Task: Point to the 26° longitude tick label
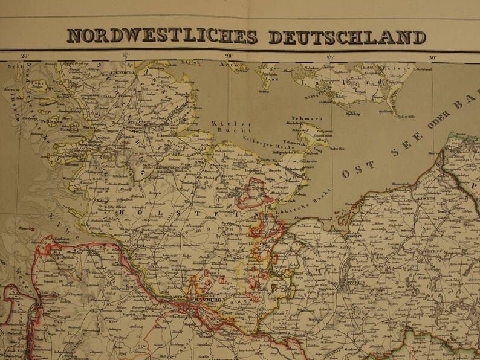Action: point(24,57)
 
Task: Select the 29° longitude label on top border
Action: point(330,58)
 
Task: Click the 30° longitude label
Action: point(432,58)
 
